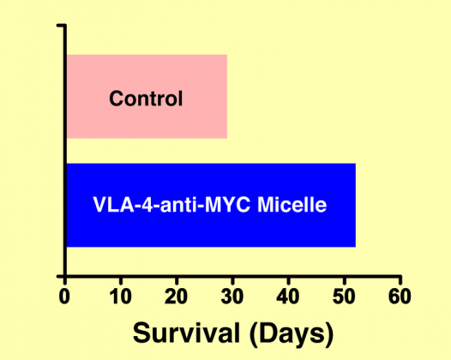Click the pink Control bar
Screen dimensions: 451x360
[147, 96]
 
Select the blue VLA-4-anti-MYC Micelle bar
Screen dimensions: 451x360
[211, 205]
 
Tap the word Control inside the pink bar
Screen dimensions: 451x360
[146, 99]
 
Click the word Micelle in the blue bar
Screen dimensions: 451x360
[292, 205]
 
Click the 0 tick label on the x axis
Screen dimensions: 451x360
[64, 296]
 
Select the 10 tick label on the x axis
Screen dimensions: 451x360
[121, 296]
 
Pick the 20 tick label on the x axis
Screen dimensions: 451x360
[176, 296]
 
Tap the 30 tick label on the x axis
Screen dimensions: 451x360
[232, 296]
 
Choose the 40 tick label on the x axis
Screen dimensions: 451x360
[288, 296]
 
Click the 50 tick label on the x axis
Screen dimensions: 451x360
[344, 296]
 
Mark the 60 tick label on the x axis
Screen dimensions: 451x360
[400, 296]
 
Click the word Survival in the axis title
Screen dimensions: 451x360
[186, 333]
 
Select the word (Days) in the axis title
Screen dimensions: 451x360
[292, 334]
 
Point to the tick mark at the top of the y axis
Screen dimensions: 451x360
[60, 26]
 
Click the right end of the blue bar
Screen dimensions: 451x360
[356, 205]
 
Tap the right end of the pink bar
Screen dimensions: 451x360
[227, 96]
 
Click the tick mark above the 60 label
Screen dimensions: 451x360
[400, 280]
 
